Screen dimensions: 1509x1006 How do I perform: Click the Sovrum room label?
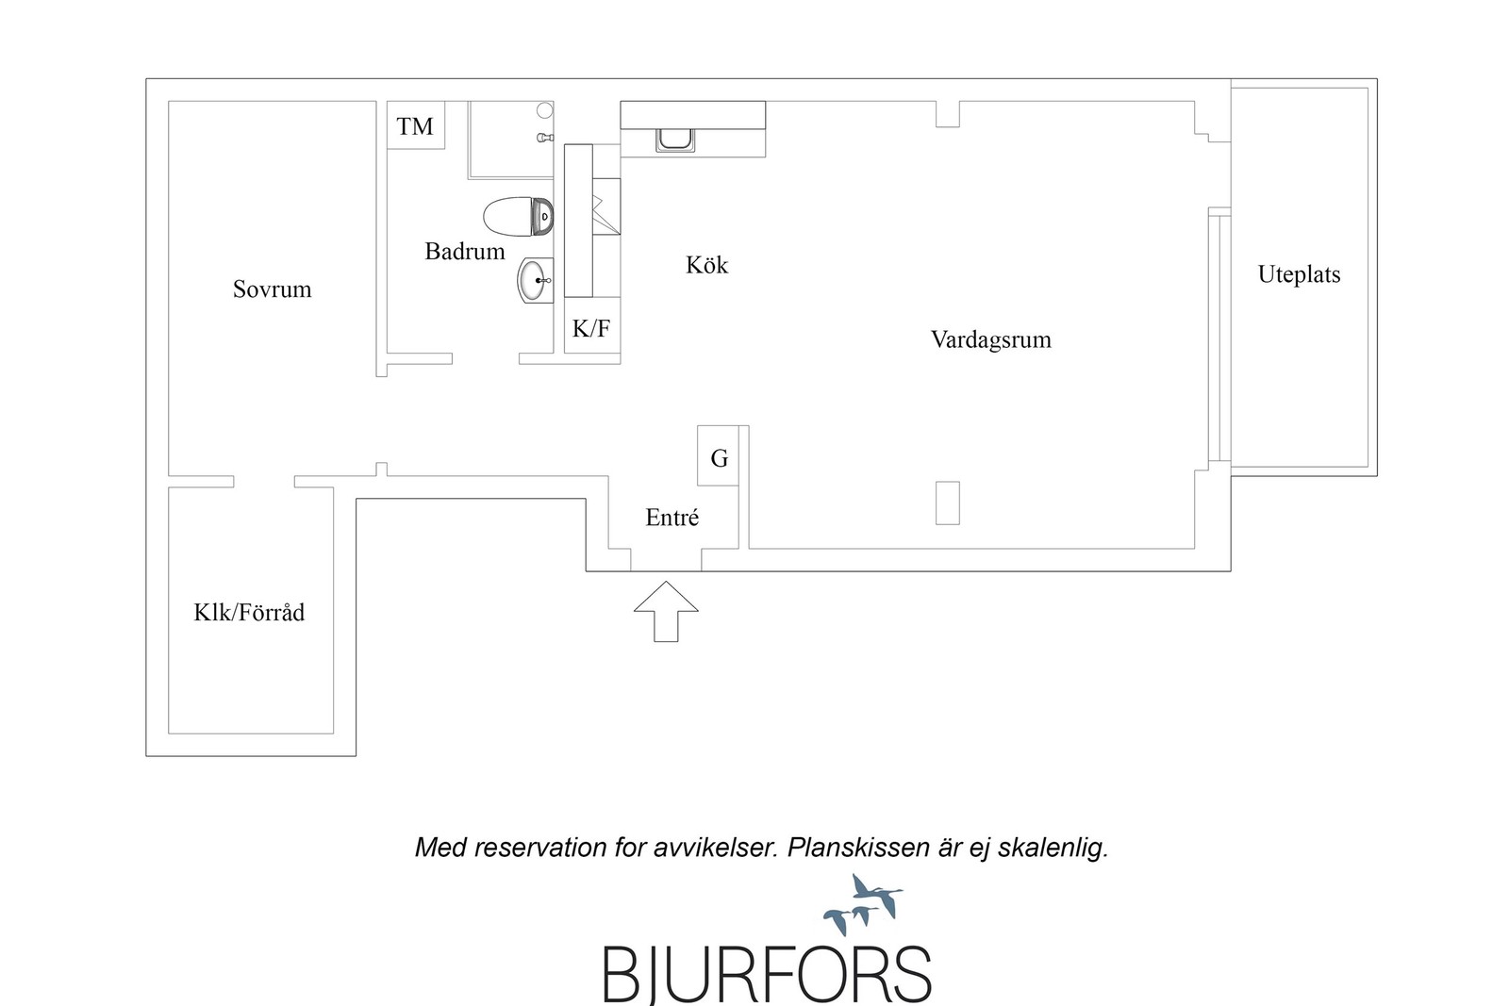tap(273, 289)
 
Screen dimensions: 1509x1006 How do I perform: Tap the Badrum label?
tap(465, 252)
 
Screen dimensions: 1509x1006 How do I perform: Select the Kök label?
tap(706, 265)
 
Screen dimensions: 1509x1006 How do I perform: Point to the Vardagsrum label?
tap(991, 340)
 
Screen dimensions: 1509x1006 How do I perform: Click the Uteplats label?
tap(1299, 274)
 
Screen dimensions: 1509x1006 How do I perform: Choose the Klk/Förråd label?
tap(249, 612)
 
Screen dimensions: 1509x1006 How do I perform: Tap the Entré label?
tap(672, 517)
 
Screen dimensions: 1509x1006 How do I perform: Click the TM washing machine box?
tap(416, 125)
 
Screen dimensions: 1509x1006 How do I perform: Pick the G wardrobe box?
tap(718, 455)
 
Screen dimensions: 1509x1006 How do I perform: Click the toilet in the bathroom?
tap(518, 216)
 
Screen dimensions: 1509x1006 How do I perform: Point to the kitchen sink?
tap(675, 140)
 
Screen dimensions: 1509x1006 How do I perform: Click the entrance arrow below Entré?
tap(666, 611)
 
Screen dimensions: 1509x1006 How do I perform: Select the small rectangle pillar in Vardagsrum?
tap(947, 503)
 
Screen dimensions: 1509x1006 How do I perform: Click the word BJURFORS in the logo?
tap(767, 974)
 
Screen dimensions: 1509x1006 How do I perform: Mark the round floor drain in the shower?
tap(544, 110)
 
